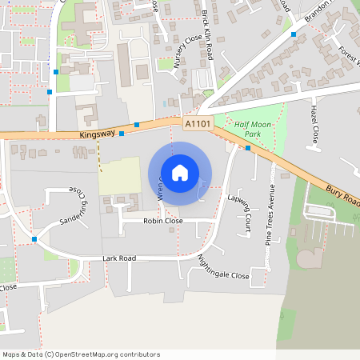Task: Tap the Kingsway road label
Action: [x=98, y=136]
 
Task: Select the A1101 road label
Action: [x=198, y=124]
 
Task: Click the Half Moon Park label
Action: [x=254, y=129]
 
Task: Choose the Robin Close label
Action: [x=163, y=221]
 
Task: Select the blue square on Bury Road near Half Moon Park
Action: [x=248, y=148]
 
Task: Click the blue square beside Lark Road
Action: [x=34, y=239]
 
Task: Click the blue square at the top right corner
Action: [x=294, y=34]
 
